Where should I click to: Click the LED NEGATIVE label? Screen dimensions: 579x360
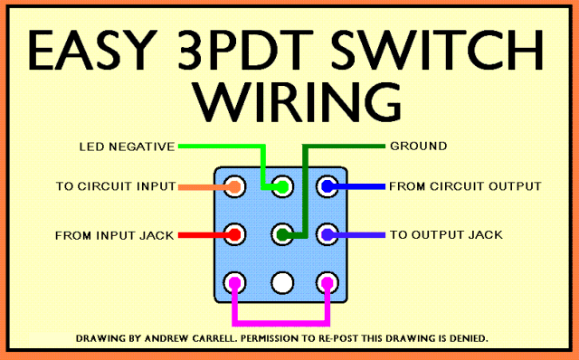pyautogui.click(x=127, y=147)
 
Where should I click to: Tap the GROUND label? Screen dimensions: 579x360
pyautogui.click(x=418, y=147)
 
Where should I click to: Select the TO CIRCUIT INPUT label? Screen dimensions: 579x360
pyautogui.click(x=116, y=186)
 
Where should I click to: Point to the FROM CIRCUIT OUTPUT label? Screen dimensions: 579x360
pyautogui.click(x=465, y=186)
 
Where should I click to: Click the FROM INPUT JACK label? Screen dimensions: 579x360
pyautogui.click(x=115, y=235)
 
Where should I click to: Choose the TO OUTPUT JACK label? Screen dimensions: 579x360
pyautogui.click(x=446, y=235)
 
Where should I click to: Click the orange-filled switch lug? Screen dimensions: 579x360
pyautogui.click(x=234, y=186)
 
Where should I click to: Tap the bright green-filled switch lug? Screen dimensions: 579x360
pyautogui.click(x=282, y=186)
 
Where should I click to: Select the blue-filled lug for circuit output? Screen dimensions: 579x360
pyautogui.click(x=327, y=186)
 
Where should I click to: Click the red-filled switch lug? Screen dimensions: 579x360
pyautogui.click(x=234, y=234)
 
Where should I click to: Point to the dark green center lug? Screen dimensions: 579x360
pyautogui.click(x=282, y=234)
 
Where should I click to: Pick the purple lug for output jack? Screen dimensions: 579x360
pyautogui.click(x=327, y=234)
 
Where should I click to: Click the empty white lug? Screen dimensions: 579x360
pyautogui.click(x=282, y=283)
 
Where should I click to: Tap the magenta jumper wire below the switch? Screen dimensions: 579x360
pyautogui.click(x=280, y=323)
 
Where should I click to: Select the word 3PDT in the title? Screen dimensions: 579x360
pyautogui.click(x=244, y=51)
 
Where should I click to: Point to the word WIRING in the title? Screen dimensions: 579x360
pyautogui.click(x=298, y=102)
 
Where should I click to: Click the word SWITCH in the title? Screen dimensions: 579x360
pyautogui.click(x=437, y=51)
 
